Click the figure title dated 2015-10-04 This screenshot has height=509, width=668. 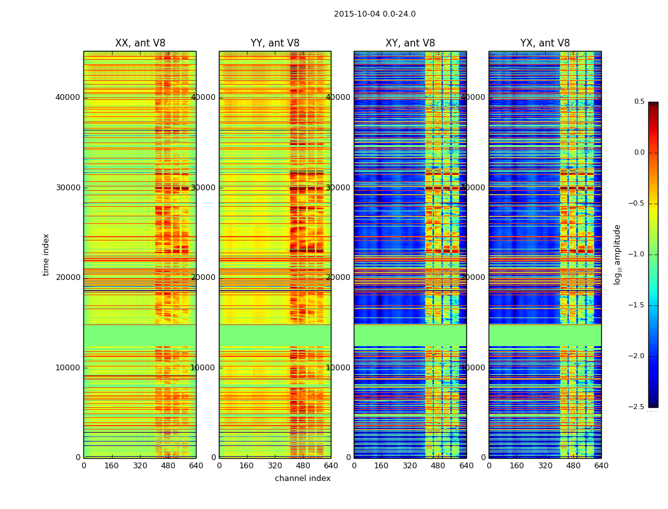(375, 14)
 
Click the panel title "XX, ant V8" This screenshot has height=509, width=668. (140, 43)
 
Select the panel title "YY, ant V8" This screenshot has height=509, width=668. (275, 43)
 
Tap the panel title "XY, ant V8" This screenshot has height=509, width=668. (410, 43)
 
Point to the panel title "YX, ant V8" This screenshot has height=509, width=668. (545, 43)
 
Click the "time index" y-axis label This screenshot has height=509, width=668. (46, 254)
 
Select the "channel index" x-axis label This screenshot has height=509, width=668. (303, 478)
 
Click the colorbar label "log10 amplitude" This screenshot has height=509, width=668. (617, 254)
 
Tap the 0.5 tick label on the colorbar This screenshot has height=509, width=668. (639, 102)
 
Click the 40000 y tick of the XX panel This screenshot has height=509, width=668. (68, 97)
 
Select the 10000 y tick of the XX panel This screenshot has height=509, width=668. (68, 368)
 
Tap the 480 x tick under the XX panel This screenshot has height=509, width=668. (168, 466)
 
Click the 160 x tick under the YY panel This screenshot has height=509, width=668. (247, 466)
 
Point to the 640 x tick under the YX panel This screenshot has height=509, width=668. (601, 466)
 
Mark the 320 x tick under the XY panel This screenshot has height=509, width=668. (410, 466)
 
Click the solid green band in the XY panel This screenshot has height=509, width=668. (410, 335)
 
